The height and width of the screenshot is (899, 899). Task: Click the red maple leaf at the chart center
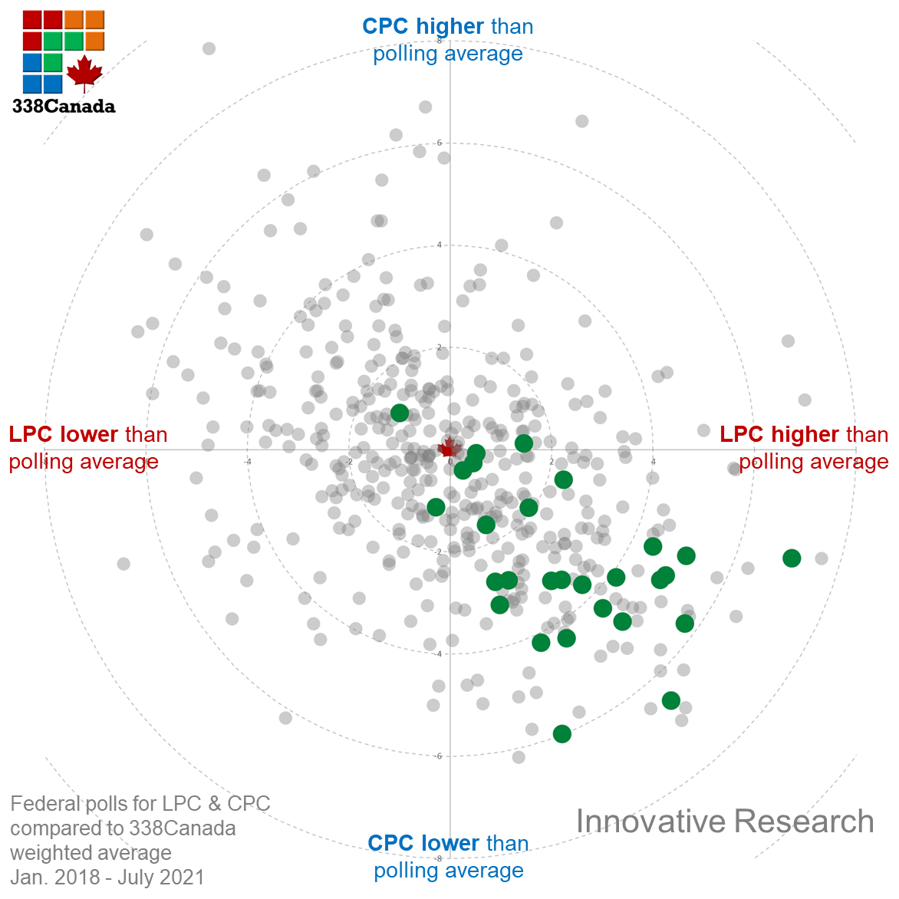pyautogui.click(x=449, y=448)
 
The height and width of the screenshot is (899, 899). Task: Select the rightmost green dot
pyautogui.click(x=792, y=558)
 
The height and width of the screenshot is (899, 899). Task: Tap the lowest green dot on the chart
pyautogui.click(x=562, y=734)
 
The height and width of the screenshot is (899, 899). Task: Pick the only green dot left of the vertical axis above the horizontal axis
pyautogui.click(x=400, y=413)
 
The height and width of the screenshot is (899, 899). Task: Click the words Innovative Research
pyautogui.click(x=724, y=822)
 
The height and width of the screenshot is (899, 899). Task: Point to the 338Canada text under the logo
pyautogui.click(x=64, y=107)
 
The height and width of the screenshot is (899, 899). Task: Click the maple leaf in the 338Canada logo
pyautogui.click(x=84, y=73)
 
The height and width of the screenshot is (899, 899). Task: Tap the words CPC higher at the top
pyautogui.click(x=423, y=26)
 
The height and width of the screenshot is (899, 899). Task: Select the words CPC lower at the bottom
pyautogui.click(x=423, y=843)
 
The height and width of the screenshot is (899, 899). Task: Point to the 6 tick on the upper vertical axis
pyautogui.click(x=440, y=143)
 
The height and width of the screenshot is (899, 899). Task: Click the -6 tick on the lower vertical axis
pyautogui.click(x=438, y=756)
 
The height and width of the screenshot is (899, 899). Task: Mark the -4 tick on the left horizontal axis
pyautogui.click(x=248, y=462)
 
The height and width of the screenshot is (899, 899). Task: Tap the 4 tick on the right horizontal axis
pyautogui.click(x=654, y=462)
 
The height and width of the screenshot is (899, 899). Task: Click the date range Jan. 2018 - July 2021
pyautogui.click(x=107, y=877)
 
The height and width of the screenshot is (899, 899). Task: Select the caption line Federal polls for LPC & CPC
pyautogui.click(x=140, y=804)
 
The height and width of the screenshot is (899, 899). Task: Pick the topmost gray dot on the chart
pyautogui.click(x=209, y=49)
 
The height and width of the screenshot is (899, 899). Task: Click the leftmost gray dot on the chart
pyautogui.click(x=123, y=564)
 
